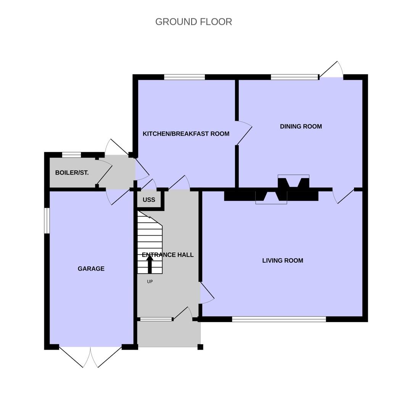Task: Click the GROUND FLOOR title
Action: [194, 22]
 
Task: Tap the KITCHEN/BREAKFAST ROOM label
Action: [186, 134]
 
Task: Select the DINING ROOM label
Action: [301, 126]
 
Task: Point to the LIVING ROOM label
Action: [283, 260]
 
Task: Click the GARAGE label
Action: [91, 269]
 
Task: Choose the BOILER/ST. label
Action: [72, 173]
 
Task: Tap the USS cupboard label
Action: [149, 200]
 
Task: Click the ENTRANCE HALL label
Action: [167, 255]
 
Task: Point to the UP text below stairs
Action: [150, 281]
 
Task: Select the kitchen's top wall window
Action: [185, 77]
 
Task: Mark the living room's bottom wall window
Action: [279, 319]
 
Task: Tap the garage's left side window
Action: [47, 221]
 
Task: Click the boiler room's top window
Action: [71, 155]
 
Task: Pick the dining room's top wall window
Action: [295, 77]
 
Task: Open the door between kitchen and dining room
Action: [243, 133]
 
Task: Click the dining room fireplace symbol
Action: [293, 181]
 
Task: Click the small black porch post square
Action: [200, 347]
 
